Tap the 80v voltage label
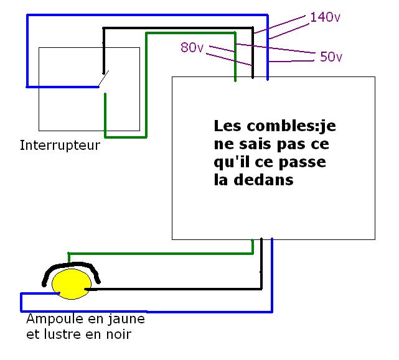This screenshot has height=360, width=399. pyautogui.click(x=192, y=47)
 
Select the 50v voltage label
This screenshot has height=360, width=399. pyautogui.click(x=331, y=57)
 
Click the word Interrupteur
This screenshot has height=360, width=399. pyautogui.click(x=60, y=146)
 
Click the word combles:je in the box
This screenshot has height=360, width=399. pyautogui.click(x=284, y=126)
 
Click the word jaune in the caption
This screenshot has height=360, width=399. pyautogui.click(x=129, y=320)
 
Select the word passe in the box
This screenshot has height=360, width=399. pyautogui.click(x=304, y=163)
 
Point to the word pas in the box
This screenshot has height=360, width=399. pyautogui.click(x=283, y=145)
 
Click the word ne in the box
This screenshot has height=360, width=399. pyautogui.click(x=220, y=145)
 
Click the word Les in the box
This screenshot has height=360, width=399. pyautogui.click(x=227, y=126)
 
